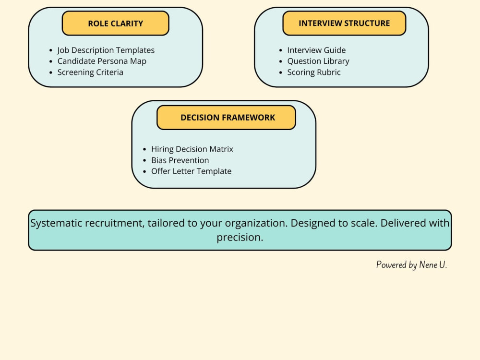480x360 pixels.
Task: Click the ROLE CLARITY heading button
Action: coord(115,23)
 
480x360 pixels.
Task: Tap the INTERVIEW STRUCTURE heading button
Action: coord(344,23)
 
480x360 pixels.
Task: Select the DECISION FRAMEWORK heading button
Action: coord(226,118)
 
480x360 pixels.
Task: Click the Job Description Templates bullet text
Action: coord(106,50)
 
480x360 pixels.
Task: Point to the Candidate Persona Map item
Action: coord(102,61)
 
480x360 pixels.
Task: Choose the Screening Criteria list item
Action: coord(90,72)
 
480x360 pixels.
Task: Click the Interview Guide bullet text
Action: coord(316,50)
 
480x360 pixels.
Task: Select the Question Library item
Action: coord(318,61)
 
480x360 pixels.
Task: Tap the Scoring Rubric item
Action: coord(314,72)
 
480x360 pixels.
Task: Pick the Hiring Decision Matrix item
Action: coord(192,149)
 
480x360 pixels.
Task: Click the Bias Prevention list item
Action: coord(180,160)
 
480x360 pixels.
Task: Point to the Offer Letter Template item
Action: coord(192,171)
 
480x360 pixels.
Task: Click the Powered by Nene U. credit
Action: coord(411,264)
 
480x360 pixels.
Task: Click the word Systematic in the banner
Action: coord(56,223)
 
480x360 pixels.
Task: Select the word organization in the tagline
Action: coord(255,223)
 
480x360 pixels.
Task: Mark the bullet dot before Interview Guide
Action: coord(281,50)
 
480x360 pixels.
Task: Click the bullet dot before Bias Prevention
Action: coord(144,160)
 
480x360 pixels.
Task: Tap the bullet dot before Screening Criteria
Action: coord(51,72)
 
